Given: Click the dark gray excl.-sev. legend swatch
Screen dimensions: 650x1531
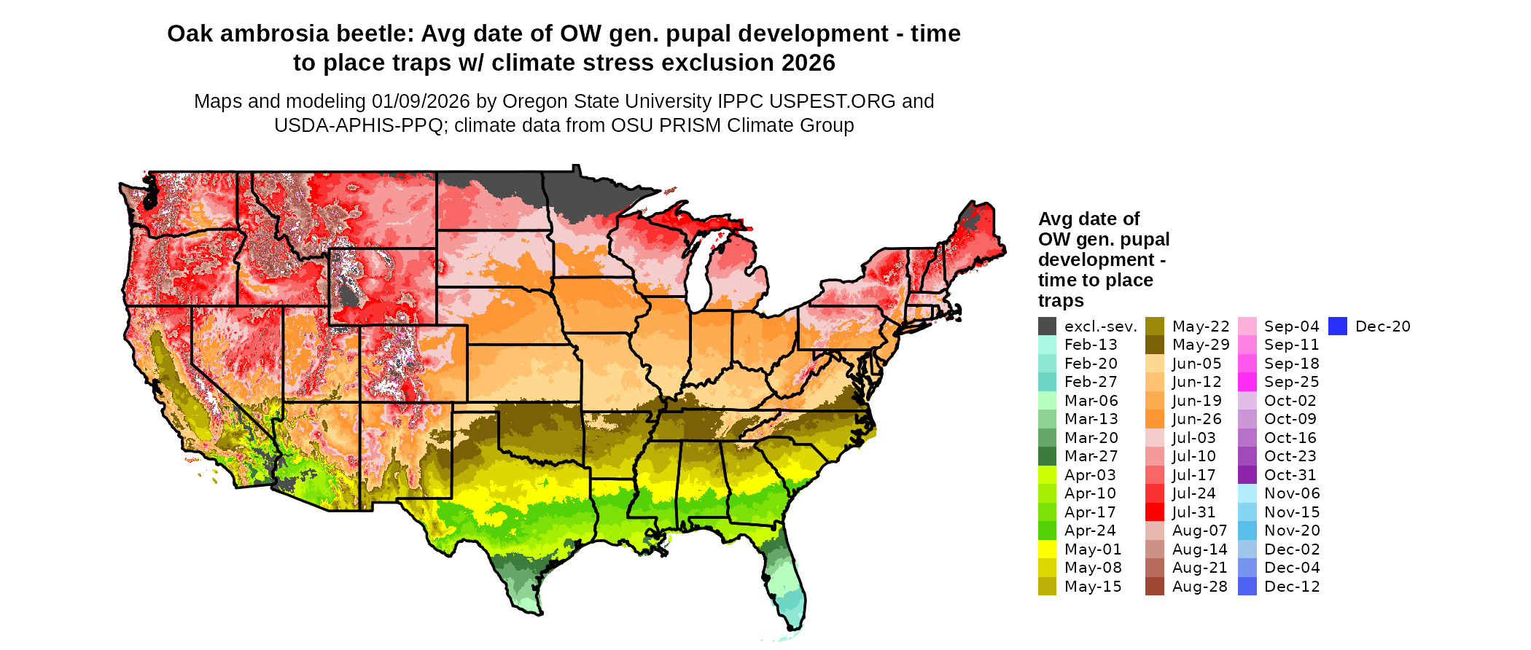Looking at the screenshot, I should click(x=1047, y=326).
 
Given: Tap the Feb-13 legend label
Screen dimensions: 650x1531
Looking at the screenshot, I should click(x=1091, y=345).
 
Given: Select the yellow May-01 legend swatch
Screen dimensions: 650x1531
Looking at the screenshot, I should click(x=1047, y=549).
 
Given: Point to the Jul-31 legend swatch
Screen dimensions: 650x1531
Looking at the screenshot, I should click(x=1155, y=512).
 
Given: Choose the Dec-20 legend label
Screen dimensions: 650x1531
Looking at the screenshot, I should click(x=1382, y=326).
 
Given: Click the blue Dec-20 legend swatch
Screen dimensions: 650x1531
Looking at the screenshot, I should click(x=1338, y=326).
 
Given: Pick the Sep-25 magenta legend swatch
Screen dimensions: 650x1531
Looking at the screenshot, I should click(x=1247, y=382).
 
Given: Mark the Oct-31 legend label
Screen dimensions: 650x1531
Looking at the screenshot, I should click(x=1290, y=475).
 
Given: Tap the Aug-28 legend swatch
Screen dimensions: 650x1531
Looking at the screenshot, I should click(x=1155, y=587).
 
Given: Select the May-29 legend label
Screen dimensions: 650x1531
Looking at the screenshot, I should click(x=1201, y=345).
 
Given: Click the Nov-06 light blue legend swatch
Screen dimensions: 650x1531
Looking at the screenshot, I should click(x=1247, y=493).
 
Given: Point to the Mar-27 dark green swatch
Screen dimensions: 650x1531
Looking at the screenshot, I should click(x=1047, y=456).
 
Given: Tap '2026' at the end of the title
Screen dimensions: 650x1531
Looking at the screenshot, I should click(x=809, y=63).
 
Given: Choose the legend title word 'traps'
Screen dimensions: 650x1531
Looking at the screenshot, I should click(x=1061, y=301).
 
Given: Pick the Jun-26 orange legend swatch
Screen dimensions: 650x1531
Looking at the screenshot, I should click(x=1155, y=419).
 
